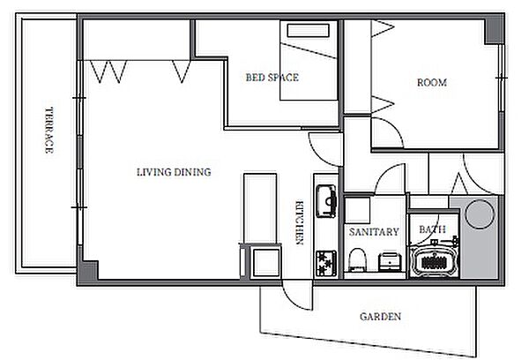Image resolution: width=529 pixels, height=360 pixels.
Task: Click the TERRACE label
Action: [49, 131]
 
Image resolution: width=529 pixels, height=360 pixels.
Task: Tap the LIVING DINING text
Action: [174, 172]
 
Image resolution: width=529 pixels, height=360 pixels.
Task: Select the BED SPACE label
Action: [272, 78]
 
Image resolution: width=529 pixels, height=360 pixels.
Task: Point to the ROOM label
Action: [432, 83]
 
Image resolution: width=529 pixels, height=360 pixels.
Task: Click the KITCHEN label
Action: [300, 223]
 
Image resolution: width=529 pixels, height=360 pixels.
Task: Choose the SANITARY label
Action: [374, 232]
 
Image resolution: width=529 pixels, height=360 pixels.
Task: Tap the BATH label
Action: [432, 229]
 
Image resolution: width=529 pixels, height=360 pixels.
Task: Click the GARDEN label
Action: [381, 317]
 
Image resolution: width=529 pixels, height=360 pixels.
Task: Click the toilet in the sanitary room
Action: [357, 260]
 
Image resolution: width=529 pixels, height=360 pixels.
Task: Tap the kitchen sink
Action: [326, 201]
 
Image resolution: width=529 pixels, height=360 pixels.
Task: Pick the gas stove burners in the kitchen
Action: [326, 264]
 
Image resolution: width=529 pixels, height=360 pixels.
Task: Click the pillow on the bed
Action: [308, 30]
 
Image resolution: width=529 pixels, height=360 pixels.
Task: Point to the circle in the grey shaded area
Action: [480, 214]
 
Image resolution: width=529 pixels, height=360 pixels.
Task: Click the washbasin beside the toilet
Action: [390, 262]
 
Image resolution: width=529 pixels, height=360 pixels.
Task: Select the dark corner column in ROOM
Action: [494, 32]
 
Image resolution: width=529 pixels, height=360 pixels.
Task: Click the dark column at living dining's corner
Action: [88, 270]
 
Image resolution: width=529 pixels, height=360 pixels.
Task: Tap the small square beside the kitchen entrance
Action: [266, 262]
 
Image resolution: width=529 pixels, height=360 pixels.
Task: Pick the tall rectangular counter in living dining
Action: [260, 208]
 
